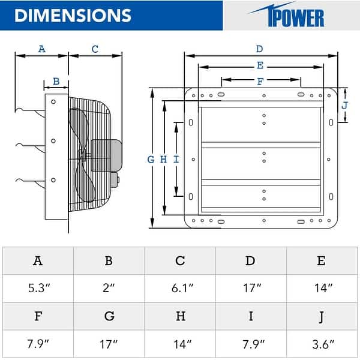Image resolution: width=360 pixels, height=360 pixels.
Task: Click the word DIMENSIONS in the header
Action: click(x=72, y=15)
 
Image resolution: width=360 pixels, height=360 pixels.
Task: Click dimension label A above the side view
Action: click(x=41, y=49)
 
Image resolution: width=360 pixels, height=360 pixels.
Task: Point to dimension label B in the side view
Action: click(x=56, y=81)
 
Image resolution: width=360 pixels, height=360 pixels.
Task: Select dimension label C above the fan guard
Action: click(x=95, y=49)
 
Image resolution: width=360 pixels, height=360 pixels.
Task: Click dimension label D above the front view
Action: click(x=259, y=49)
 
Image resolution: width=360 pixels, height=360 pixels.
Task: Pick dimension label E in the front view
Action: click(x=259, y=65)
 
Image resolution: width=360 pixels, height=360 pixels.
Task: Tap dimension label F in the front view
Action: click(x=260, y=82)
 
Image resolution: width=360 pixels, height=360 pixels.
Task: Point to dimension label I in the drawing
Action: click(x=176, y=159)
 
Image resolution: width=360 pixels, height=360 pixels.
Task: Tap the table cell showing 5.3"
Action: click(x=38, y=288)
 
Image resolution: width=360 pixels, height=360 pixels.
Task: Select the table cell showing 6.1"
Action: click(x=180, y=288)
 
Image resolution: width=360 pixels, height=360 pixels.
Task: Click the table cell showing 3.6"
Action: click(x=322, y=343)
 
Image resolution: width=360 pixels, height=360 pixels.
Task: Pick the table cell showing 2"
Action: click(x=109, y=288)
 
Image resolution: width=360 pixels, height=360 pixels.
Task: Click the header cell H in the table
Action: click(x=180, y=316)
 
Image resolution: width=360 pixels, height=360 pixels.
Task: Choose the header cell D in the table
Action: click(x=251, y=260)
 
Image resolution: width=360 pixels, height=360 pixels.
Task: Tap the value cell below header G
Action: click(x=109, y=343)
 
